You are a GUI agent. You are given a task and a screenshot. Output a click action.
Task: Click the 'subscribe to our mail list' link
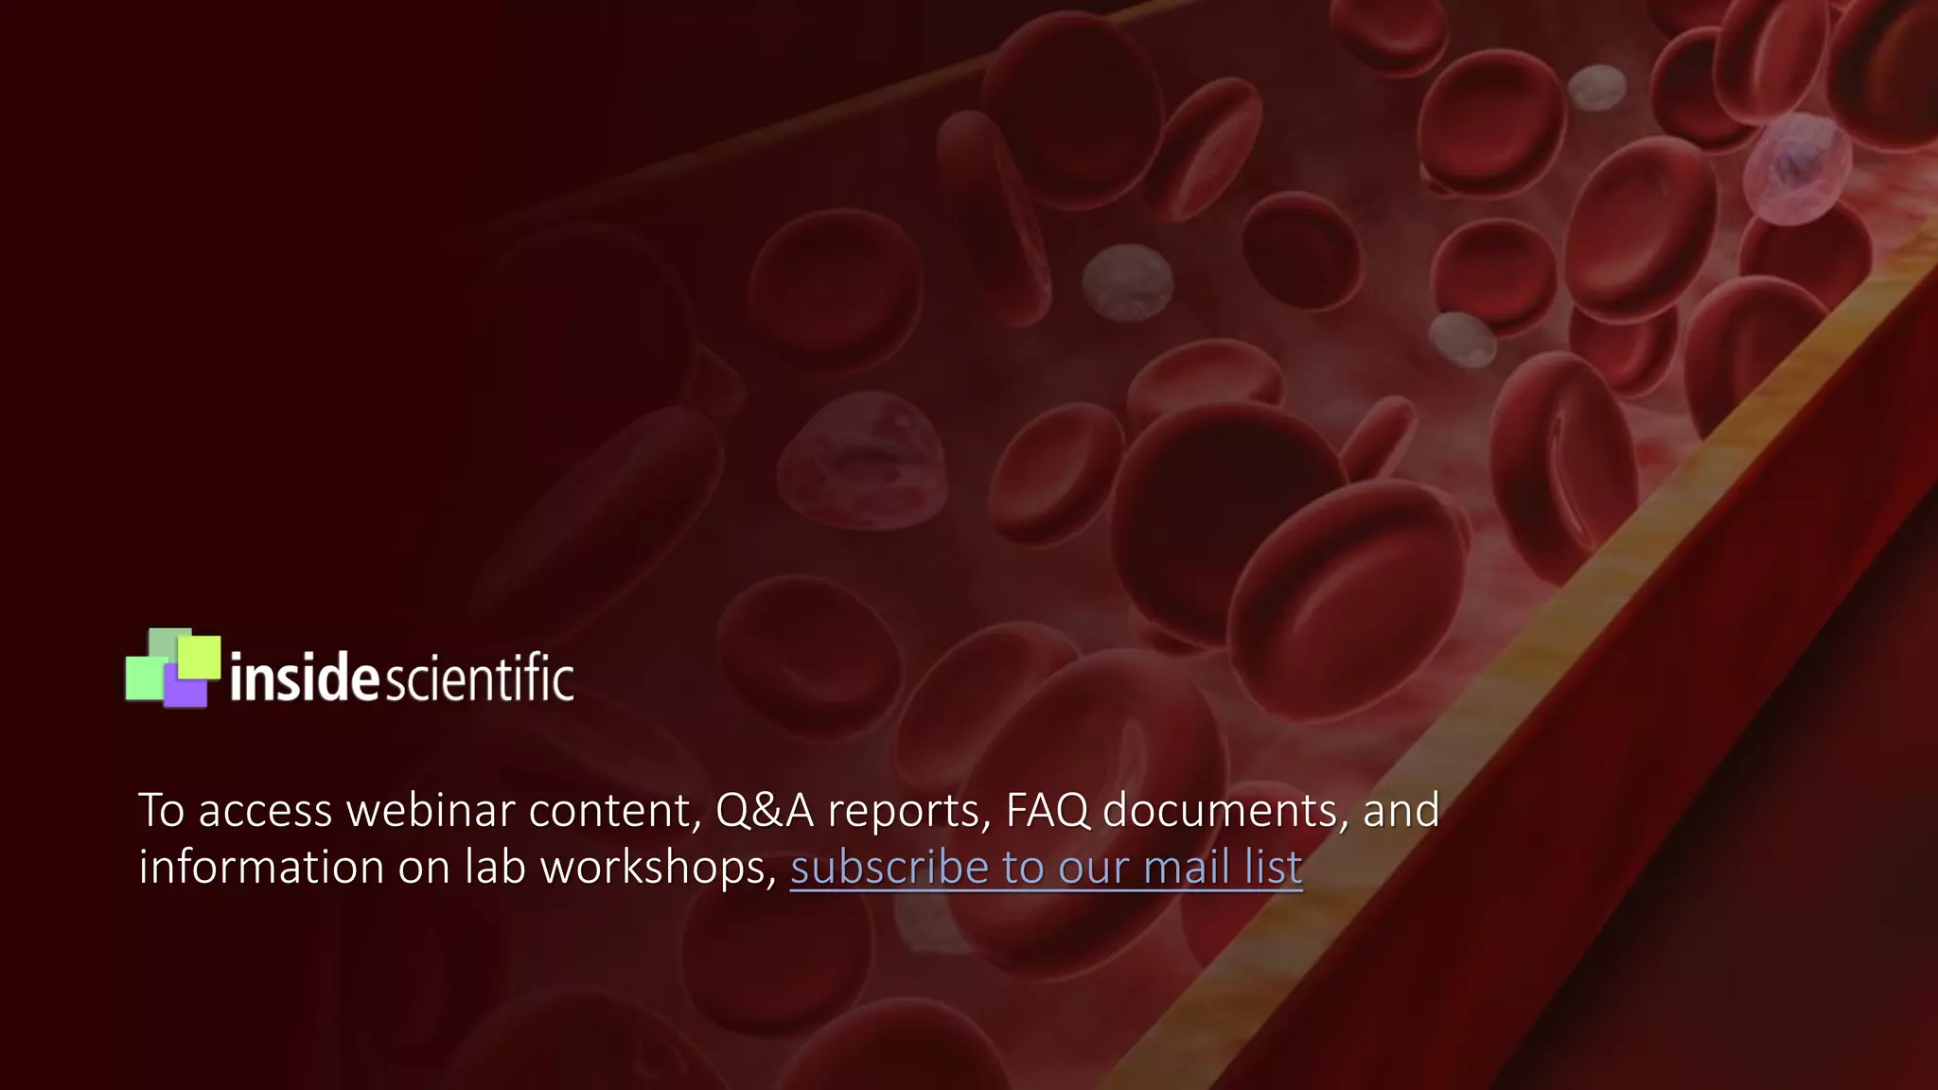click(1046, 868)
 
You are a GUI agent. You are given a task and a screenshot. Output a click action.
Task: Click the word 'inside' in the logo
click(304, 678)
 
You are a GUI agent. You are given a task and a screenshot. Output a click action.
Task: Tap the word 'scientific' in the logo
click(478, 678)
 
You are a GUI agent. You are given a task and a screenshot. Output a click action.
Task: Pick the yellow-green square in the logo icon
click(200, 655)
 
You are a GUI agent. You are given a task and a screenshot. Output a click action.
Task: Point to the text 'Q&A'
click(764, 811)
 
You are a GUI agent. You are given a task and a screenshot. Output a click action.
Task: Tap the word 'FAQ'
click(1047, 811)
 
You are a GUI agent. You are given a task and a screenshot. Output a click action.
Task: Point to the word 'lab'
click(494, 868)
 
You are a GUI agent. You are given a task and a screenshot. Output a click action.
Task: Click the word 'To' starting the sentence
click(161, 811)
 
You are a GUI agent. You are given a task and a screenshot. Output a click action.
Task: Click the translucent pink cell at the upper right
click(1795, 168)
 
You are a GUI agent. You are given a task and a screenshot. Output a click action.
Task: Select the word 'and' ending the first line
click(1401, 811)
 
